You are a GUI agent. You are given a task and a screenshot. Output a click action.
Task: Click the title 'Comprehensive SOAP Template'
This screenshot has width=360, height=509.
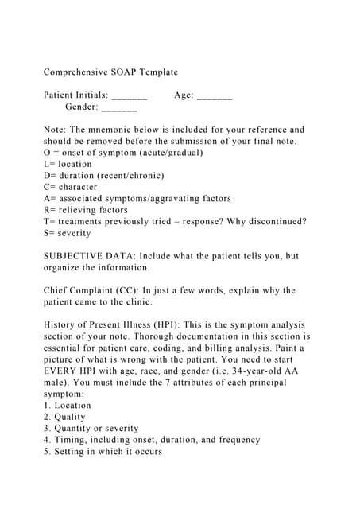click(x=110, y=72)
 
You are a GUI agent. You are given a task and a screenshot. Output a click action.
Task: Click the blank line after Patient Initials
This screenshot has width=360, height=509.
click(x=130, y=95)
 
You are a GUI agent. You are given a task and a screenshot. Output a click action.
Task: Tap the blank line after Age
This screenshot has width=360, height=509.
click(x=215, y=95)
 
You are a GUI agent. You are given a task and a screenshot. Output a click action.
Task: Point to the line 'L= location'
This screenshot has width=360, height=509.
click(x=68, y=164)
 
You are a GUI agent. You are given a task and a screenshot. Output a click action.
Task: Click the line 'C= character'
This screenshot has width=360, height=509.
click(x=70, y=187)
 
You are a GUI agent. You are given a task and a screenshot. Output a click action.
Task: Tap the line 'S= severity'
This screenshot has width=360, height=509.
click(x=68, y=233)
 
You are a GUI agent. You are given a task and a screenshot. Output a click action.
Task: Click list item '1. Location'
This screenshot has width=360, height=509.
click(x=68, y=406)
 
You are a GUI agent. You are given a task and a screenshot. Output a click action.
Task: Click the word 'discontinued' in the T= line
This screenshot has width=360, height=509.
click(x=274, y=221)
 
